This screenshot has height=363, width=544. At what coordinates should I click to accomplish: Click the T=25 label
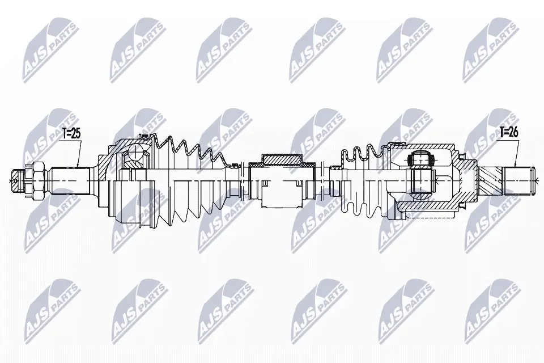(71, 134)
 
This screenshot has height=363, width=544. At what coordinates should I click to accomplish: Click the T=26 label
(509, 132)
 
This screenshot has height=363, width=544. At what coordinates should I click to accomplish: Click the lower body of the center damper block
(282, 193)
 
